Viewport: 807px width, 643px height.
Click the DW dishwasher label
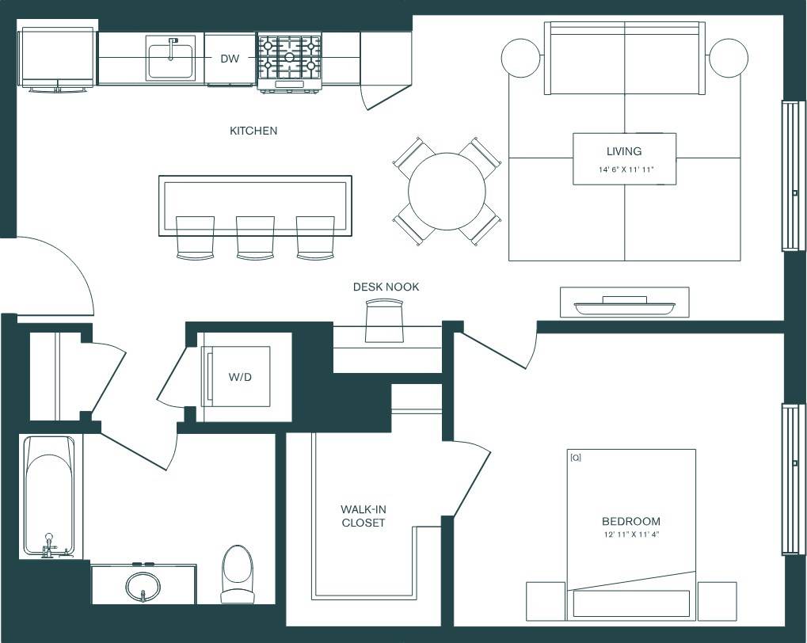(230, 59)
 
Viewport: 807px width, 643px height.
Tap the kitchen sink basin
(170, 60)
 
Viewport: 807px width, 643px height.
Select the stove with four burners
(289, 59)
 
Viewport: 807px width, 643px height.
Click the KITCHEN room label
(253, 131)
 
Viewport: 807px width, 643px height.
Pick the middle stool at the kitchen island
(255, 238)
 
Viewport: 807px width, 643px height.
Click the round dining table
(447, 191)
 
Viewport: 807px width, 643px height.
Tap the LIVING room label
(624, 151)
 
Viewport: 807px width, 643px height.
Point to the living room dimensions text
(625, 170)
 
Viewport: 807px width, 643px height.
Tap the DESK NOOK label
(386, 287)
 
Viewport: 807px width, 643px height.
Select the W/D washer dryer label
(240, 377)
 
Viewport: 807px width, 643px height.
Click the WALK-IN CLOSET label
(363, 516)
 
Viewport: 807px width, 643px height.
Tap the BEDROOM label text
(630, 521)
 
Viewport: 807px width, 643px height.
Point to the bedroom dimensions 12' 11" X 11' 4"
(630, 535)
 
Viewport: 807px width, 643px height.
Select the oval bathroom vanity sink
(143, 587)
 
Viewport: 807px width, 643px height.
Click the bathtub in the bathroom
(50, 495)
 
